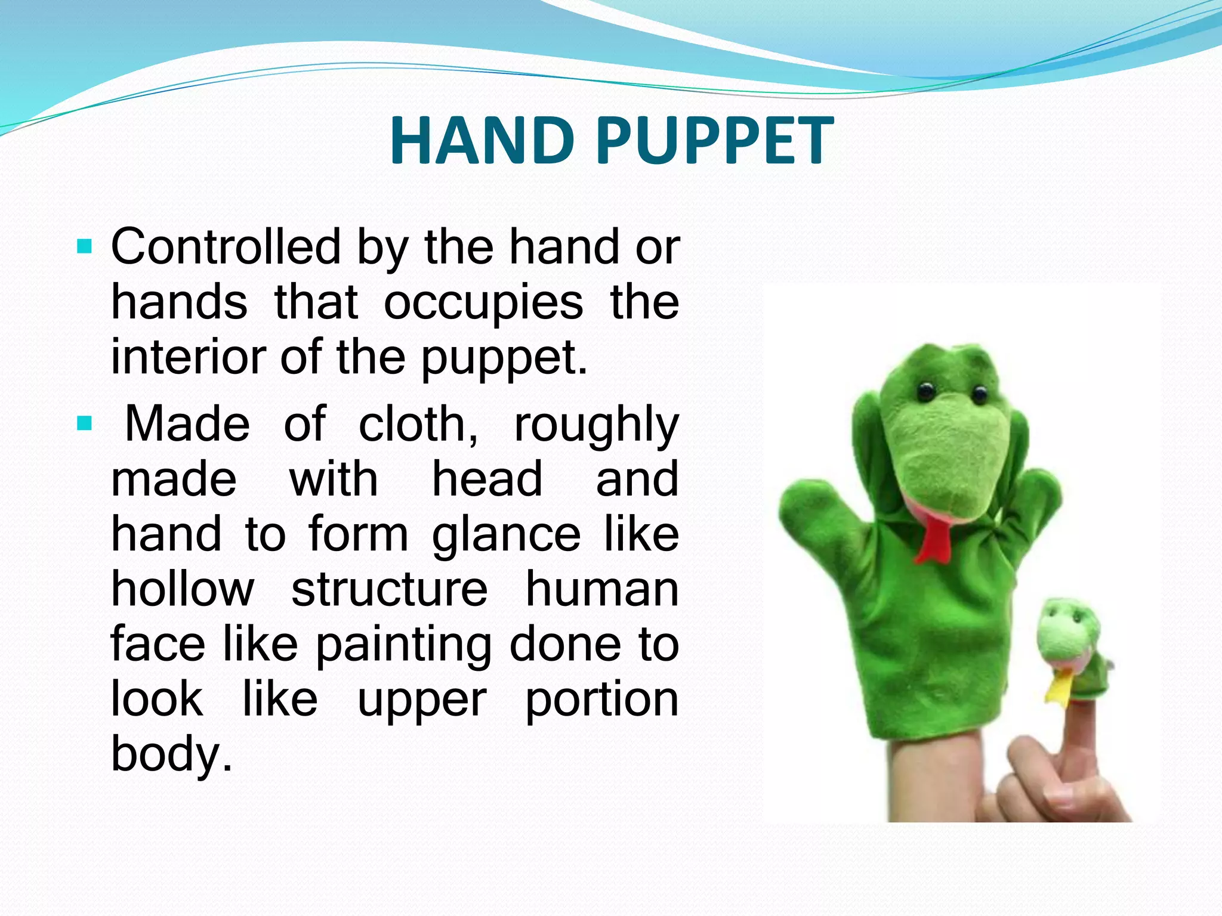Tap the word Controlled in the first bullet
(x=226, y=247)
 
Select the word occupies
(x=483, y=303)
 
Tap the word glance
(x=506, y=534)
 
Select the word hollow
(x=183, y=589)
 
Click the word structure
(x=390, y=589)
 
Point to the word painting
(x=404, y=645)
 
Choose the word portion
(x=601, y=700)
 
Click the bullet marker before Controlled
(x=85, y=246)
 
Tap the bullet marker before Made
(x=85, y=424)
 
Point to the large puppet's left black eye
(x=925, y=391)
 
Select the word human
(x=601, y=589)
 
